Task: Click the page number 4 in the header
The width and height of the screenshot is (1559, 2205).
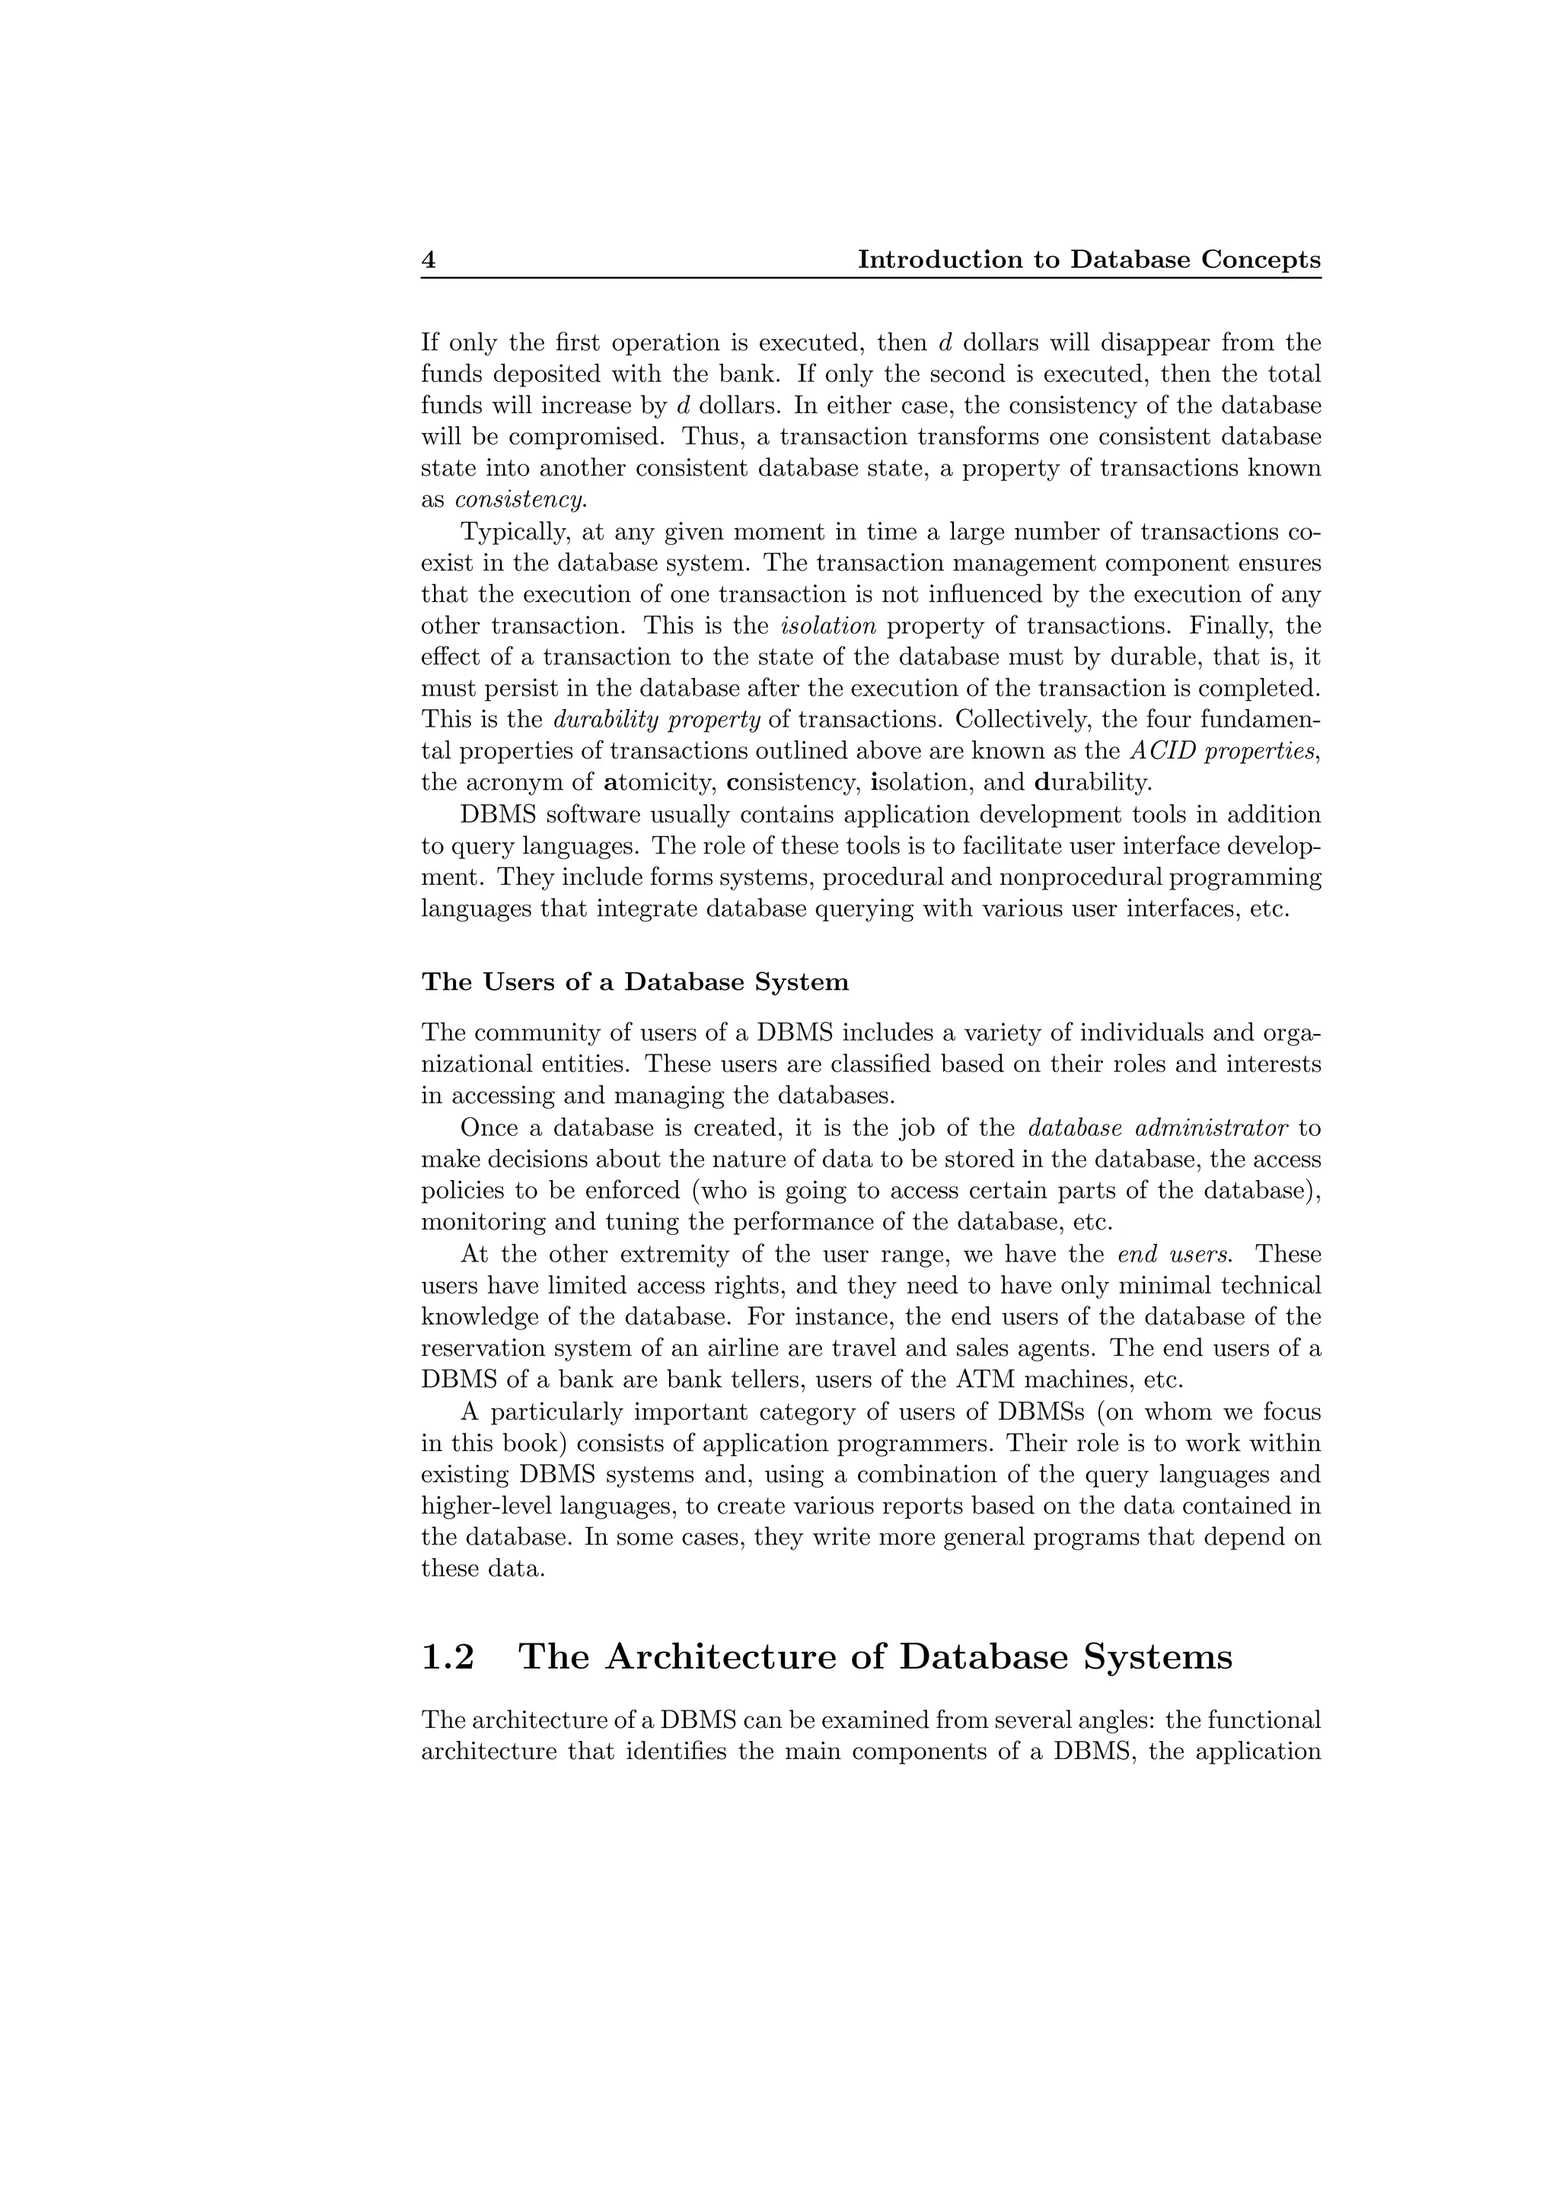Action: click(429, 260)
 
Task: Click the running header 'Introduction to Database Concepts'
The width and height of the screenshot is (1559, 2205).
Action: click(1089, 260)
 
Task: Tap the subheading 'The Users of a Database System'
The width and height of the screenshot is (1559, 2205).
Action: click(635, 982)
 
